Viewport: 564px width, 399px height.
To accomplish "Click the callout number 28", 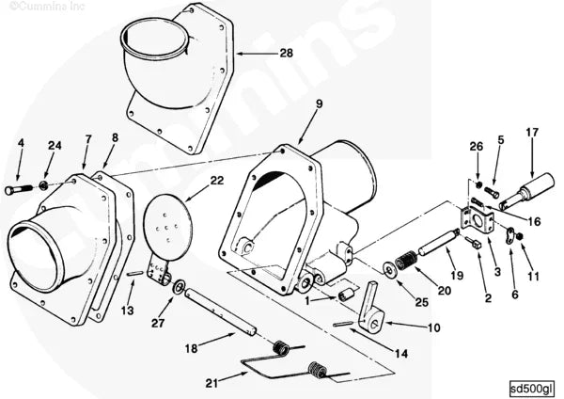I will (x=286, y=53).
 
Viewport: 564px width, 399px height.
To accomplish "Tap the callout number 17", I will (x=532, y=132).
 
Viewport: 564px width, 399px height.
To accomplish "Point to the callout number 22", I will (x=216, y=179).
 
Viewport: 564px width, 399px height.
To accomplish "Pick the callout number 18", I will (x=191, y=348).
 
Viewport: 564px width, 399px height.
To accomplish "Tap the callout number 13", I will (x=127, y=311).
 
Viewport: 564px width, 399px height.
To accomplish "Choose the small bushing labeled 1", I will (x=344, y=296).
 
